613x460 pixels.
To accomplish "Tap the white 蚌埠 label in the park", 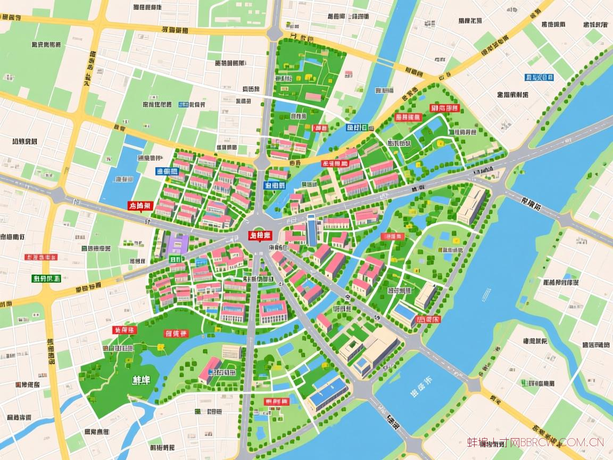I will pyautogui.click(x=140, y=380).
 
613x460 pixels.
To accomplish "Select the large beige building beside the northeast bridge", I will pyautogui.click(x=471, y=204).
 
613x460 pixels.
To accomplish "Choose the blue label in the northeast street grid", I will pyautogui.click(x=539, y=77).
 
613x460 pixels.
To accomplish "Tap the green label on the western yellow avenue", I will pyautogui.click(x=47, y=278).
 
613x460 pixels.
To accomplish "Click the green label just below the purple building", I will pyautogui.click(x=175, y=259).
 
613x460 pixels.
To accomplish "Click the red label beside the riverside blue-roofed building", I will pyautogui.click(x=429, y=319).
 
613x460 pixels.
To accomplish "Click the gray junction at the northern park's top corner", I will pyautogui.click(x=275, y=33).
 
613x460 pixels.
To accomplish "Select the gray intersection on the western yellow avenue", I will pyautogui.click(x=57, y=195).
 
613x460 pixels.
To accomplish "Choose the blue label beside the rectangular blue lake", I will pyautogui.click(x=167, y=171).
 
